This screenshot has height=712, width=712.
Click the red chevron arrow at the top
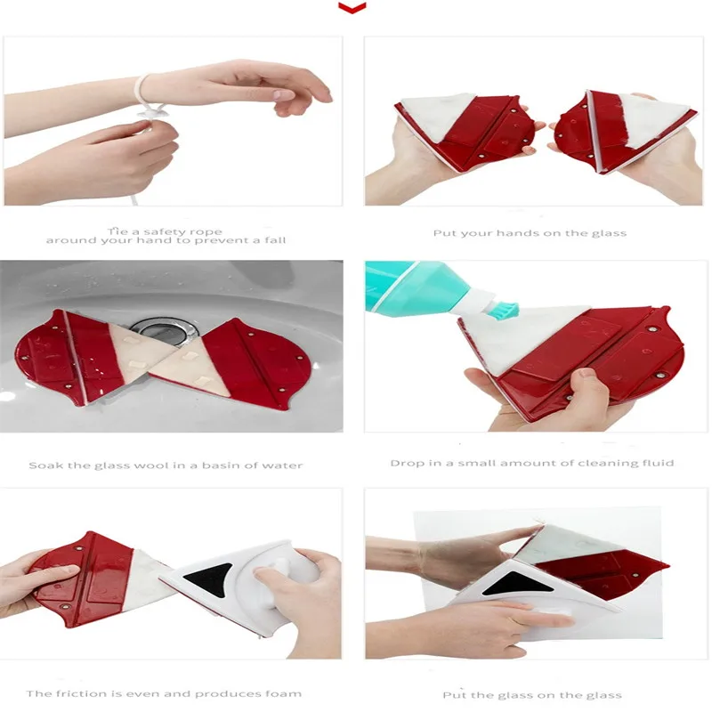[352, 8]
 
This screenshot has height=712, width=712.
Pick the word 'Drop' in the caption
[405, 463]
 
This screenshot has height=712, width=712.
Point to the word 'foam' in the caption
[287, 694]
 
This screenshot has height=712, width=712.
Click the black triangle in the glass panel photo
[518, 584]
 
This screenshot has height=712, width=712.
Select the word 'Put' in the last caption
[454, 695]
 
